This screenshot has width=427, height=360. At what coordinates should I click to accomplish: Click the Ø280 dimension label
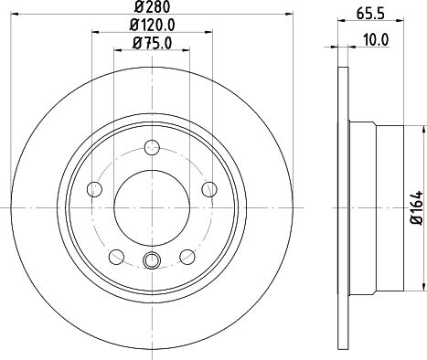152,7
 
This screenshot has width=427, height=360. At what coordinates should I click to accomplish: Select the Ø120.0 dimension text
152,25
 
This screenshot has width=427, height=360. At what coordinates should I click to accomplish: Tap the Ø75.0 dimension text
152,43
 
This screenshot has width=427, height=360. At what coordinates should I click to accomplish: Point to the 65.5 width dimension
371,14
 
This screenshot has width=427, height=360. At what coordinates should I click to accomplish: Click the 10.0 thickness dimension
376,40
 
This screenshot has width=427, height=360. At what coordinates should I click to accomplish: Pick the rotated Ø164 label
417,208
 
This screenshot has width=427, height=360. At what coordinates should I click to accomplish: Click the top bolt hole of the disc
152,147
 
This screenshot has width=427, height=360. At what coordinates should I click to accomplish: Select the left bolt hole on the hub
94,189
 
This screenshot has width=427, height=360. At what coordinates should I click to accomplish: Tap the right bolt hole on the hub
209,189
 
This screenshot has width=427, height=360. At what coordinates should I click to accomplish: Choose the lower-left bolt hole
116,257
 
